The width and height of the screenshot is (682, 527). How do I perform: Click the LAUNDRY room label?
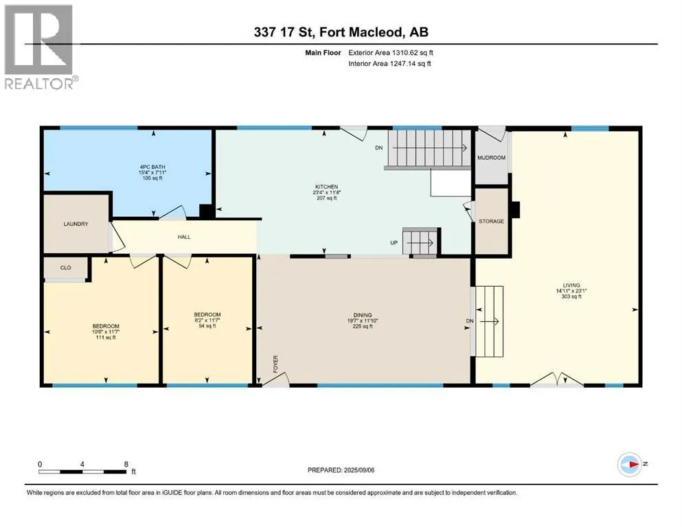coord(76,224)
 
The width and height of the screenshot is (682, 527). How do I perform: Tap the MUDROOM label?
coord(492,158)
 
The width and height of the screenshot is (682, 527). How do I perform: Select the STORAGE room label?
coord(492,221)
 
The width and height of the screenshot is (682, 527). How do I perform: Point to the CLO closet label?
coord(66,268)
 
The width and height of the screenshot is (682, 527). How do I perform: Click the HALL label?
coord(184,237)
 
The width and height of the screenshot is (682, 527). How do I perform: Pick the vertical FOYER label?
coord(275,364)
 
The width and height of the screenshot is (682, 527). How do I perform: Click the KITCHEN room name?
coord(327,187)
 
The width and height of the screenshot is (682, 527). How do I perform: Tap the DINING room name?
coord(363,315)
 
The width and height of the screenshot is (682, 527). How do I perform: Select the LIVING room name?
coord(571,285)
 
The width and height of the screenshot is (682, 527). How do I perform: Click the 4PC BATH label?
coord(152,167)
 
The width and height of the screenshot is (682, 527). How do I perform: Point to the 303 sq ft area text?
coord(571,296)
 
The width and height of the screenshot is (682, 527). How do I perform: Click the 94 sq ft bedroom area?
coord(207,326)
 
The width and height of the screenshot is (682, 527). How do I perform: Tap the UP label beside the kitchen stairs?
coord(394,243)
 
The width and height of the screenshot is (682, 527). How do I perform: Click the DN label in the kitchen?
coord(379,148)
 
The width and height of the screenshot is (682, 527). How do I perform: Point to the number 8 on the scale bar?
coord(126,464)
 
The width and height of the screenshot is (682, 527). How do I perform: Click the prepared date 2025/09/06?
coord(359,470)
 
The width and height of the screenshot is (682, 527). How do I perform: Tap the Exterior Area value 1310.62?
coord(405,53)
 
